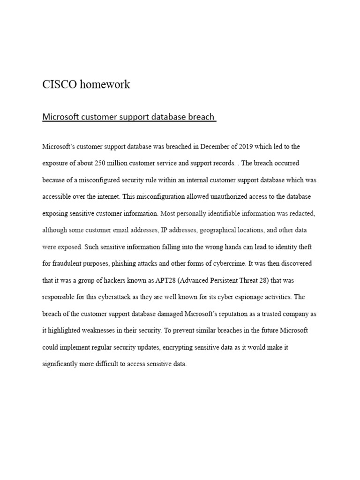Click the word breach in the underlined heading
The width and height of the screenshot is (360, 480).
(x=201, y=117)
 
